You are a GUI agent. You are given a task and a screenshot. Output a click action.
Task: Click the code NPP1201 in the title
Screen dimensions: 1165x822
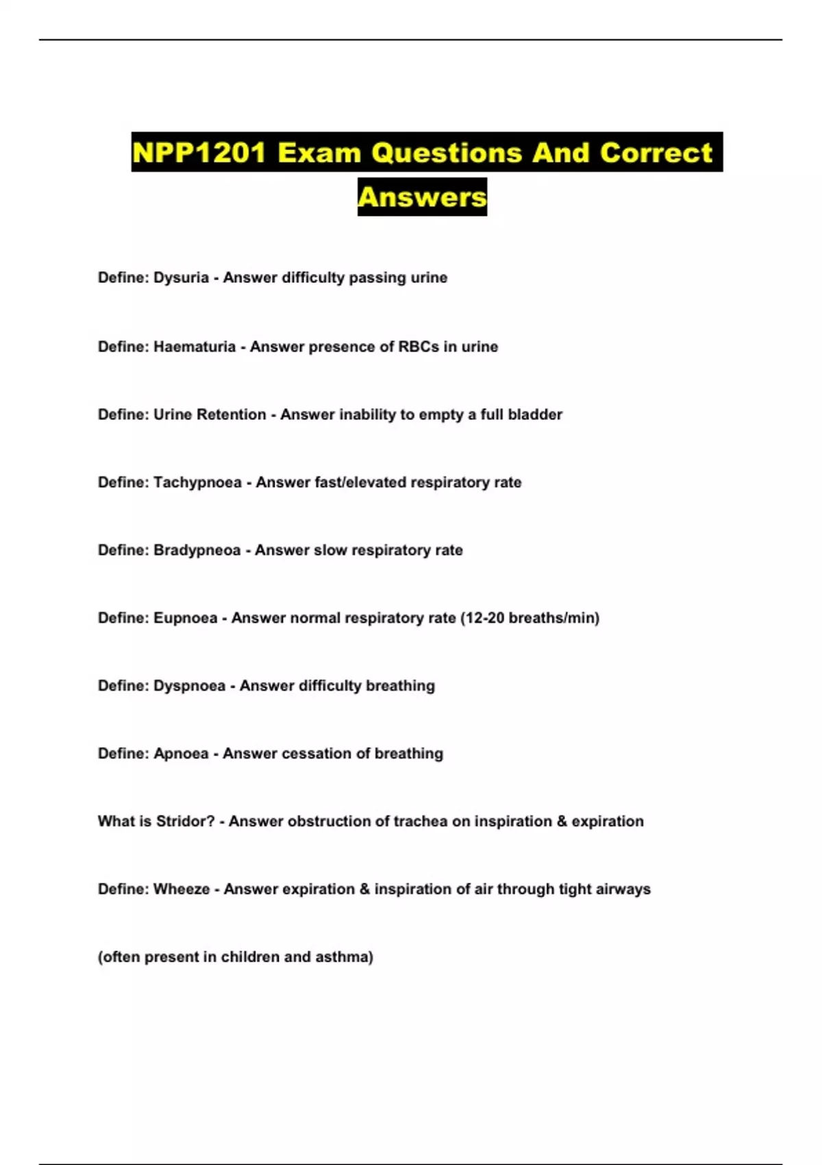pos(199,152)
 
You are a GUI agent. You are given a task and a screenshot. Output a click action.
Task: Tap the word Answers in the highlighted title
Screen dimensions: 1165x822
pos(422,197)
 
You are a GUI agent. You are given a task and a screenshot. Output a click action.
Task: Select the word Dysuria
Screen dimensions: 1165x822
pos(181,278)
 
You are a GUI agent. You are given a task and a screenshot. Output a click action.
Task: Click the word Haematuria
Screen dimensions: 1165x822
pos(195,347)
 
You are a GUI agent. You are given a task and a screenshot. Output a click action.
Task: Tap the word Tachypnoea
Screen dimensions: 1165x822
pos(197,482)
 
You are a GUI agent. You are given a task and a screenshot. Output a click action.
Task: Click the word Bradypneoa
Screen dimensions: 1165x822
pos(197,550)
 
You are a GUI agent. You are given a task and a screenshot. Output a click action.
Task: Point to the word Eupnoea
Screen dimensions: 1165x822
pos(185,618)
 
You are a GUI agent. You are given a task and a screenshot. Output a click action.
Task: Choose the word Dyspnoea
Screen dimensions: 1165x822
pos(189,686)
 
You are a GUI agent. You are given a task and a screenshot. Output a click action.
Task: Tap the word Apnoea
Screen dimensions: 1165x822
pos(181,754)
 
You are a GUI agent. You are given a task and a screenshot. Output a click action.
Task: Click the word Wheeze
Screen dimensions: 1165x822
pos(182,890)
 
